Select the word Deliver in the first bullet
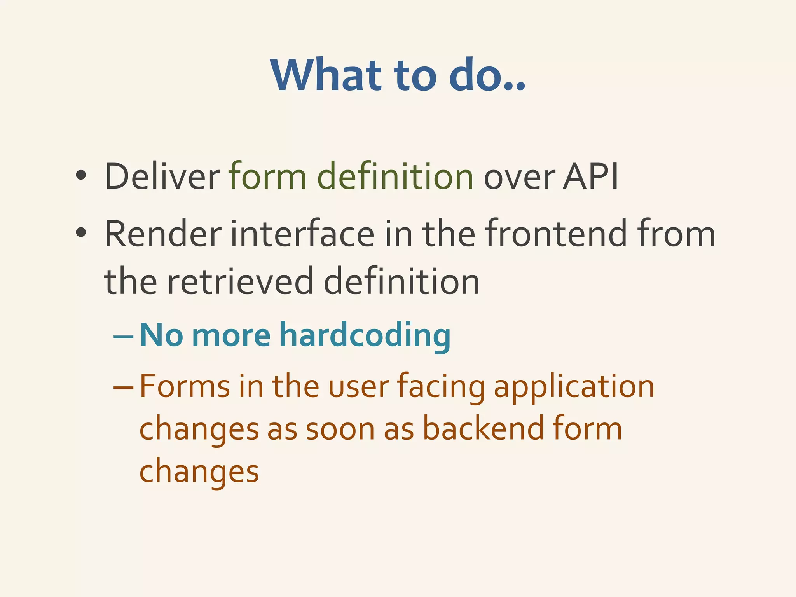pyautogui.click(x=162, y=176)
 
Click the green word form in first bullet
pyautogui.click(x=268, y=176)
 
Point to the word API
pyautogui.click(x=591, y=176)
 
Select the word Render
pyautogui.click(x=163, y=234)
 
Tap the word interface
pyautogui.click(x=302, y=234)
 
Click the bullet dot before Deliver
pyautogui.click(x=81, y=176)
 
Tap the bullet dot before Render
pyautogui.click(x=81, y=233)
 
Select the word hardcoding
pyautogui.click(x=365, y=335)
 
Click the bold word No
pyautogui.click(x=161, y=335)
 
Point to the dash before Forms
pyautogui.click(x=124, y=388)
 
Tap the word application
pyautogui.click(x=574, y=388)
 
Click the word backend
pyautogui.click(x=483, y=428)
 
